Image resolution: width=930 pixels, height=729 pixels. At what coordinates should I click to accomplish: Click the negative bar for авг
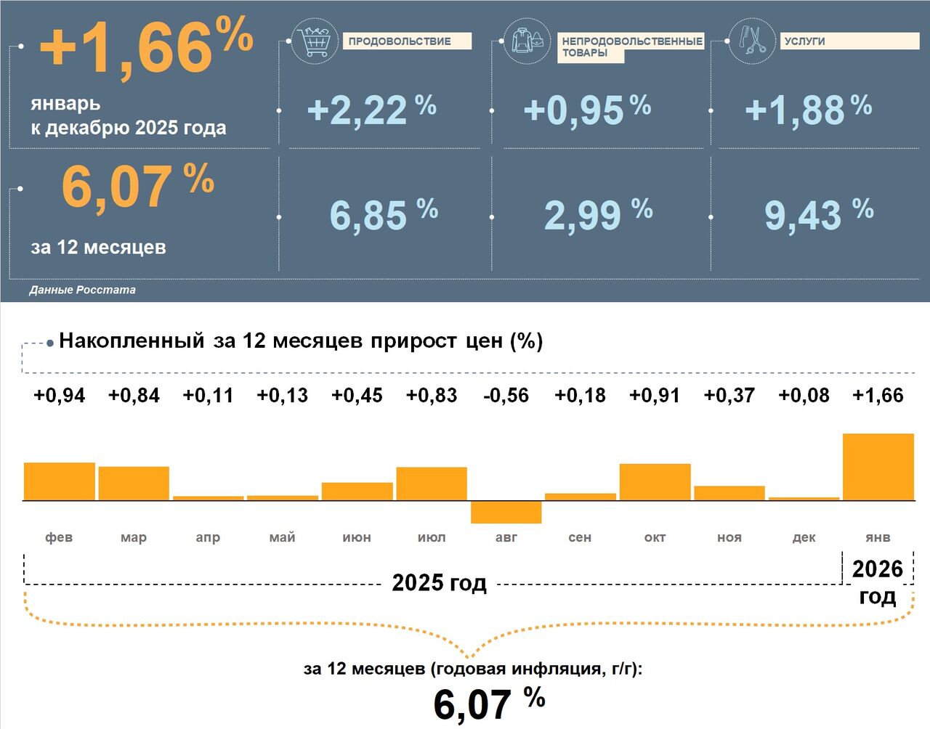(x=506, y=512)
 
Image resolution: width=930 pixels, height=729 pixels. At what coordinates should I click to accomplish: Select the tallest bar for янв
(x=878, y=467)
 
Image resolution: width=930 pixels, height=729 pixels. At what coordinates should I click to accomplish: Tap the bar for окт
(x=655, y=482)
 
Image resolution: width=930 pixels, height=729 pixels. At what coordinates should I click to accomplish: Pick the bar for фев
(x=60, y=481)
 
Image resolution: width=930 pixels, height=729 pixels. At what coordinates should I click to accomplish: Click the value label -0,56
(x=506, y=396)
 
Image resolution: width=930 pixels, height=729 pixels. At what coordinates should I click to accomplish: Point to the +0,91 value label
(x=655, y=396)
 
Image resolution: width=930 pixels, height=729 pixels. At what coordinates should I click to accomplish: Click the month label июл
(x=432, y=537)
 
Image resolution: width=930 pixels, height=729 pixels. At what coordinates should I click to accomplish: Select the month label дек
(x=804, y=537)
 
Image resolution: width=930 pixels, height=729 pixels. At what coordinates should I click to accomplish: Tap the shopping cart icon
(x=315, y=41)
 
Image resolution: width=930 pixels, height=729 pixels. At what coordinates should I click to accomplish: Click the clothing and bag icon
(x=527, y=41)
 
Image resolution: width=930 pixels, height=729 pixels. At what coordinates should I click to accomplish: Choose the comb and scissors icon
(x=751, y=41)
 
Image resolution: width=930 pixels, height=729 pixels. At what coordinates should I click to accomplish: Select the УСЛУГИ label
(x=805, y=41)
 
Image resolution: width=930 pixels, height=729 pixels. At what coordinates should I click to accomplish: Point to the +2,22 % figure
(x=371, y=110)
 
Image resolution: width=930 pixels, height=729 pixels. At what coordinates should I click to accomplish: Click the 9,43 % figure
(x=818, y=215)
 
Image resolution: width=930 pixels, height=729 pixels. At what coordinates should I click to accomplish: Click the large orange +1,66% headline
(x=146, y=45)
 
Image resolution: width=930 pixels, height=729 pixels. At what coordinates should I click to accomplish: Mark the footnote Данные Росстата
(x=82, y=290)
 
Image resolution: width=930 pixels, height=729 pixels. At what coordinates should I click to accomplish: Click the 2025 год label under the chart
(x=439, y=582)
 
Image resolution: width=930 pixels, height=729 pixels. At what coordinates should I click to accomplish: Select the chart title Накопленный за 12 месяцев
(x=301, y=341)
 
